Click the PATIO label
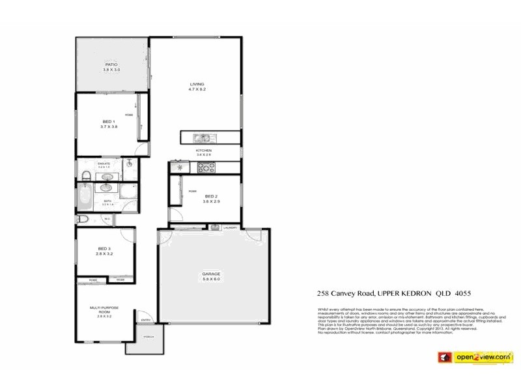pyautogui.click(x=111, y=65)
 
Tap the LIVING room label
pyautogui.click(x=197, y=84)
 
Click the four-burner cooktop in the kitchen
pyautogui.click(x=206, y=167)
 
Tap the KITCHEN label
pyautogui.click(x=204, y=151)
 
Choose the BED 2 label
pyautogui.click(x=210, y=196)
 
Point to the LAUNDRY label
pyautogui.click(x=229, y=227)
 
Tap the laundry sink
pyautogui.click(x=214, y=227)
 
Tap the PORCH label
pyautogui.click(x=148, y=338)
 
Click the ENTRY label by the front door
pyautogui.click(x=145, y=320)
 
